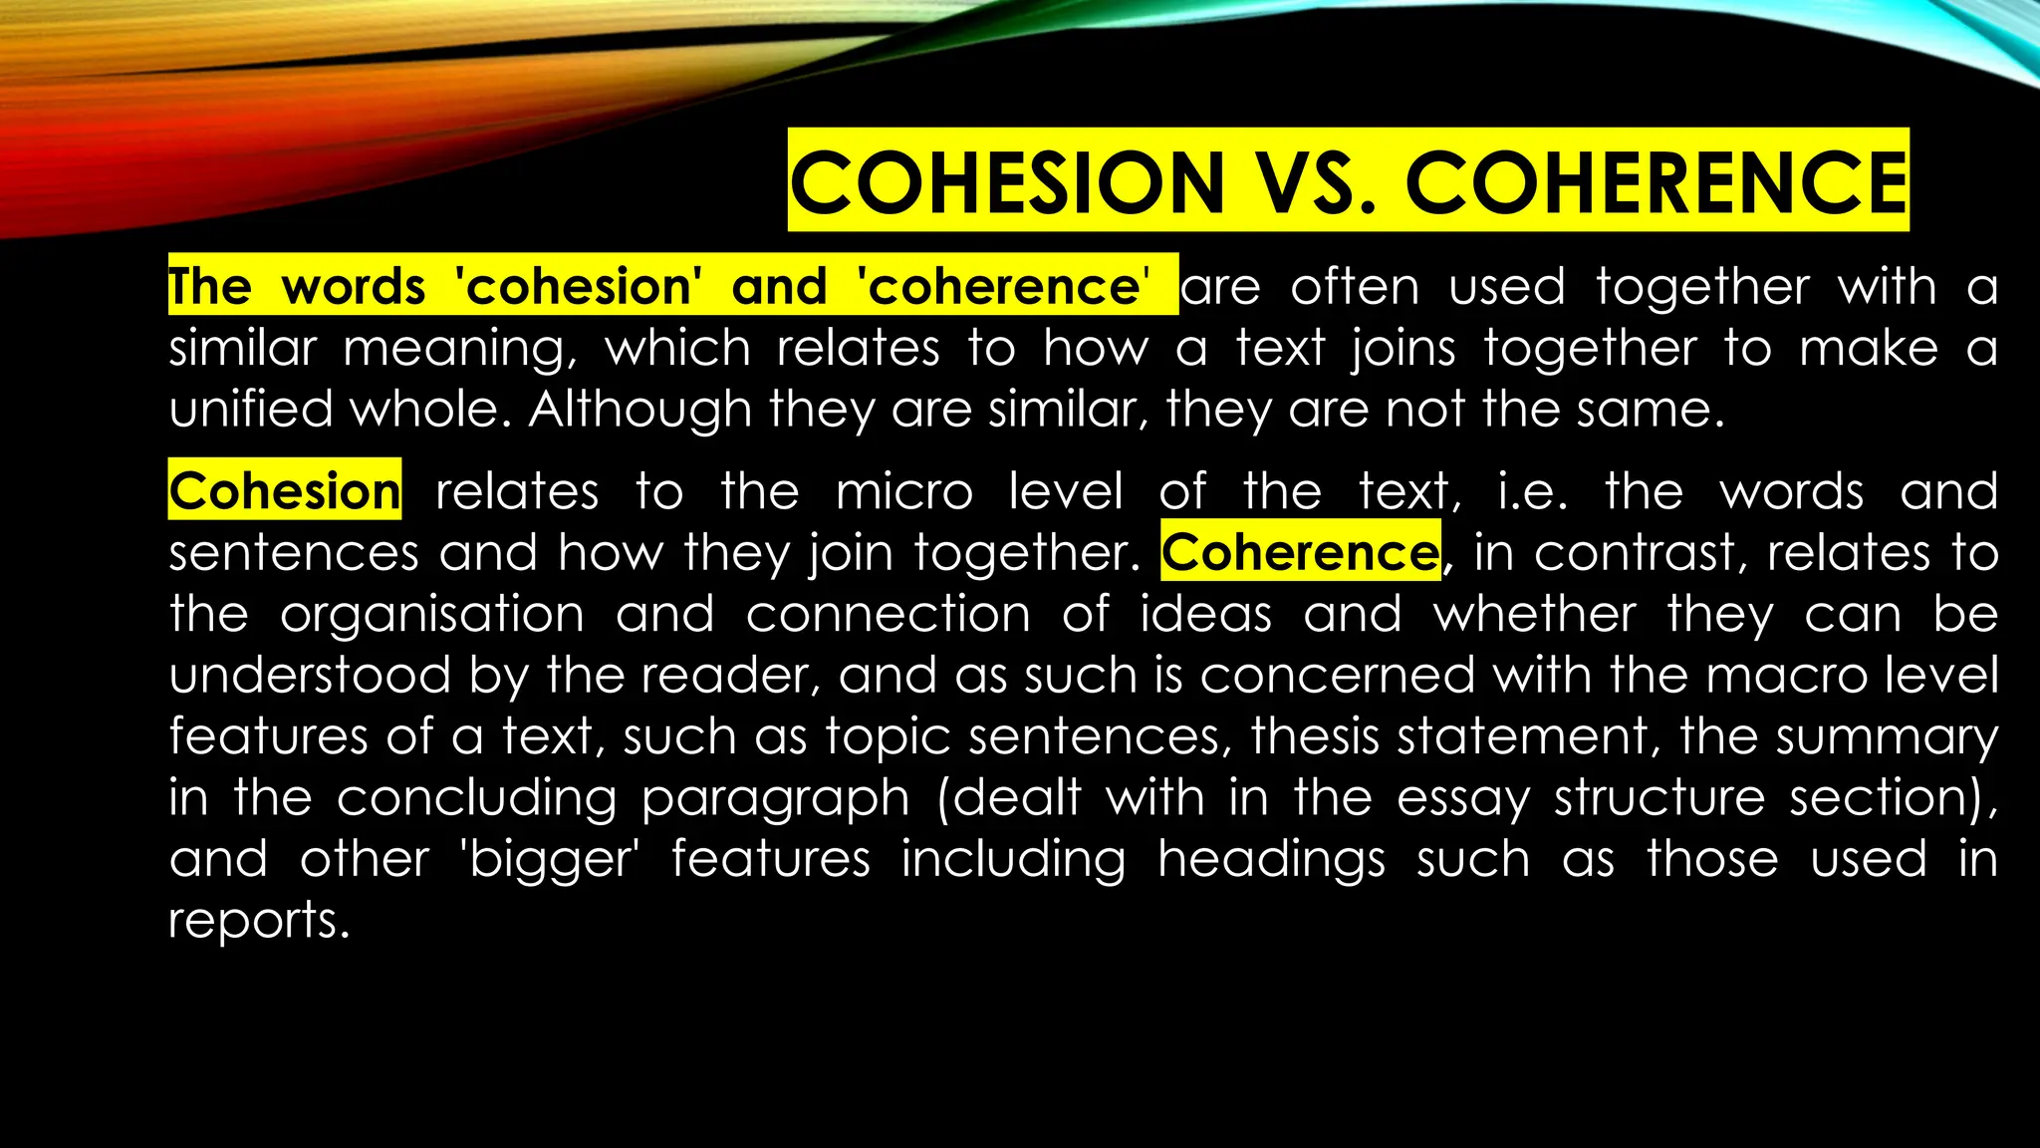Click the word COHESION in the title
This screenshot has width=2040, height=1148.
(1006, 181)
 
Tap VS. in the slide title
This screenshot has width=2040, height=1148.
(1315, 181)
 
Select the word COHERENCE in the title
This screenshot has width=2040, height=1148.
(1656, 181)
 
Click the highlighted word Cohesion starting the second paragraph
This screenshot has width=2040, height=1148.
(285, 491)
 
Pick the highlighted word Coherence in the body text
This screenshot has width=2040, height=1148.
(1300, 552)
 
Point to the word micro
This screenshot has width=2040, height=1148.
(904, 492)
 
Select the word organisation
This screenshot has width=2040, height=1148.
(431, 615)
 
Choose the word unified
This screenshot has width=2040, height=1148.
(250, 410)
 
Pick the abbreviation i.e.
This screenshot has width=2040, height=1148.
(1532, 492)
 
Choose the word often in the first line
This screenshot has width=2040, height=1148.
(1355, 288)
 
